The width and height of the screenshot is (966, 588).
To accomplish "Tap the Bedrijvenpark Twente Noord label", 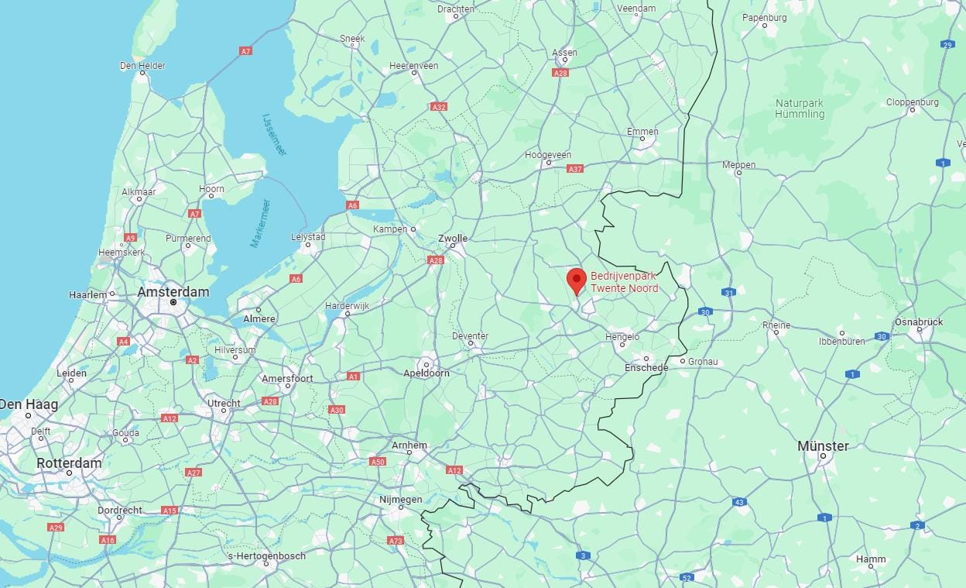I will tap(625, 282).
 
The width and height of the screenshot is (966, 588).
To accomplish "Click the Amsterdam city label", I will tap(173, 292).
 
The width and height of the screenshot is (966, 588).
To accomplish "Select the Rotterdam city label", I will tap(69, 463).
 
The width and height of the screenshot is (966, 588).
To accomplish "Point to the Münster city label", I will tap(823, 446).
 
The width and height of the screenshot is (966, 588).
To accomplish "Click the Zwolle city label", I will tap(453, 239).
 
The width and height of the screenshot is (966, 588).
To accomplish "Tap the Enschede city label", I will tap(646, 367).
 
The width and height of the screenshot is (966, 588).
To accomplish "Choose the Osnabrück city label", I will tap(919, 322).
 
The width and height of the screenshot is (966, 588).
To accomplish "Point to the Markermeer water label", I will tap(260, 223).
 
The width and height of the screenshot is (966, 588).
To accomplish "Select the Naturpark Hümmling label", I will tap(800, 108).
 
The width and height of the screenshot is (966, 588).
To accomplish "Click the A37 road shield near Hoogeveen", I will tap(575, 168).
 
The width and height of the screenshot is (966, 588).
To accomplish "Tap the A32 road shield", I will tap(439, 107).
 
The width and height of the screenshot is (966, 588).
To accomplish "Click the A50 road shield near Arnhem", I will tap(378, 462).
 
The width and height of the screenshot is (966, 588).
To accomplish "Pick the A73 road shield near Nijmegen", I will tap(396, 541).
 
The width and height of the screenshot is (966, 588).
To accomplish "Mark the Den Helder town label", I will tap(142, 66).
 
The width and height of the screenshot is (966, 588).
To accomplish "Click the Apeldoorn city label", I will tap(426, 373).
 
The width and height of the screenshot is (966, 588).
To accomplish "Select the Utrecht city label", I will tap(224, 403).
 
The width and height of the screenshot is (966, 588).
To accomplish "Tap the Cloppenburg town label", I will tap(912, 101).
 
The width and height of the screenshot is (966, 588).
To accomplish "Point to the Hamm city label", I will tap(871, 559).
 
